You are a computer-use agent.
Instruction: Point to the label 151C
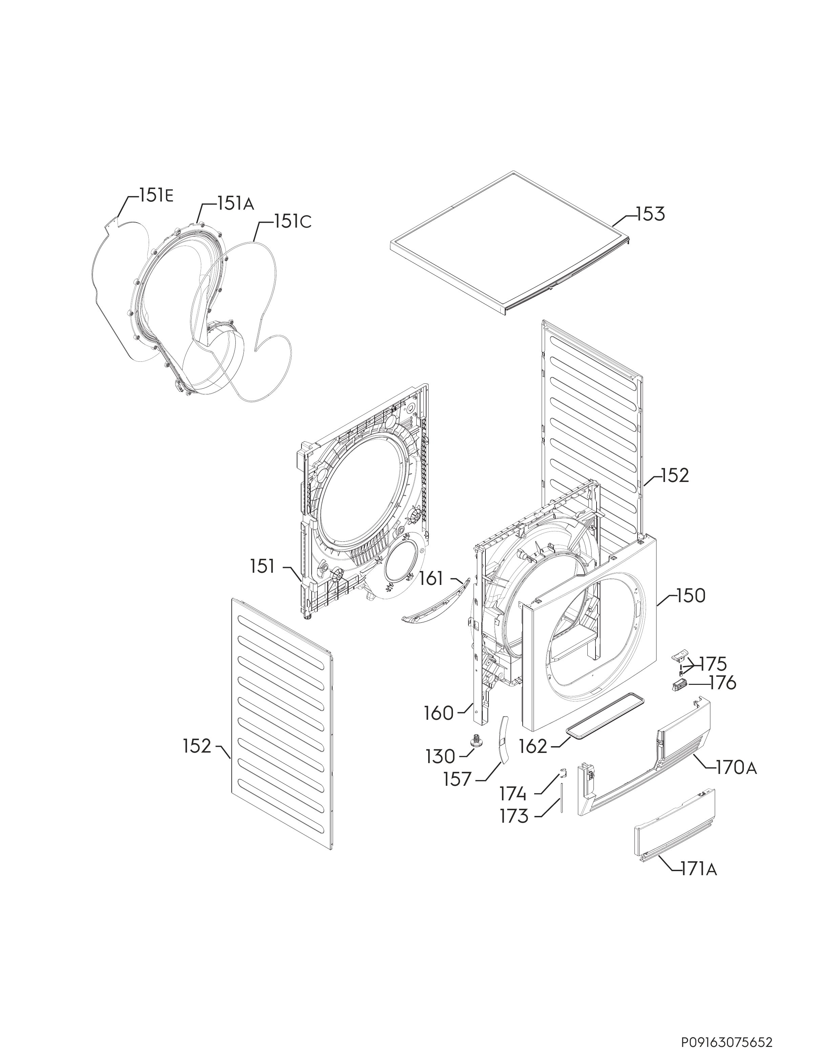(293, 221)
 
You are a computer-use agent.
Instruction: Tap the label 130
(440, 757)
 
